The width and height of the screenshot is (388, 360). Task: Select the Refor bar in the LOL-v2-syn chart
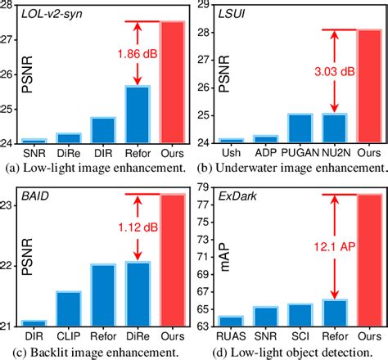tap(138, 115)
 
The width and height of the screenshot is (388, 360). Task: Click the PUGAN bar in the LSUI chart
tap(300, 129)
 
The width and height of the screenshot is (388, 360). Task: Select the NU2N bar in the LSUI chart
tap(334, 129)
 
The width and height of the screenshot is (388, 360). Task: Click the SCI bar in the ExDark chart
tap(300, 316)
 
